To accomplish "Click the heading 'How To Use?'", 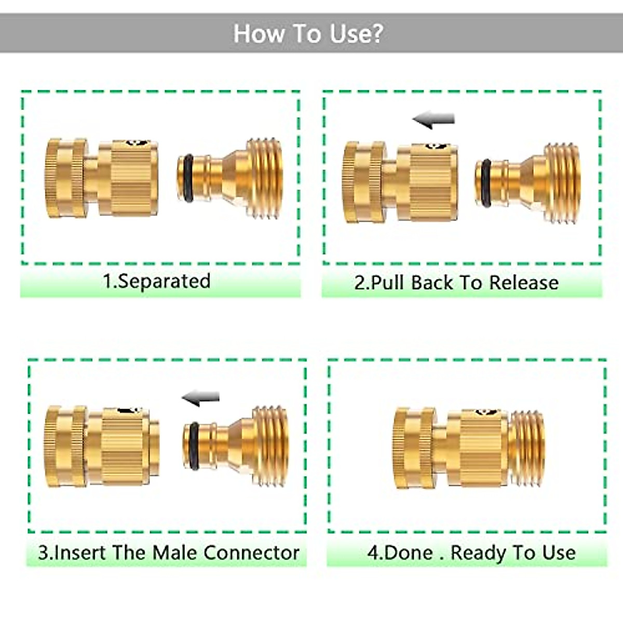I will [308, 33].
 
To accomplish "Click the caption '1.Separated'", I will [156, 281].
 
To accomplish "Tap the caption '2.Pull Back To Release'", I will [456, 282].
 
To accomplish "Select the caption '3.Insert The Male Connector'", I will [169, 552].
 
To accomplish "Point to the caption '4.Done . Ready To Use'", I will [471, 552].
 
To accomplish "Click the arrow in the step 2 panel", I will [434, 120].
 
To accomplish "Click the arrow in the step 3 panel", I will [201, 398].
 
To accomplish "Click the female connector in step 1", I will [102, 177].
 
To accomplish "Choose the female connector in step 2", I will [400, 182].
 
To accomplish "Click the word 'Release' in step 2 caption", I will [524, 282].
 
